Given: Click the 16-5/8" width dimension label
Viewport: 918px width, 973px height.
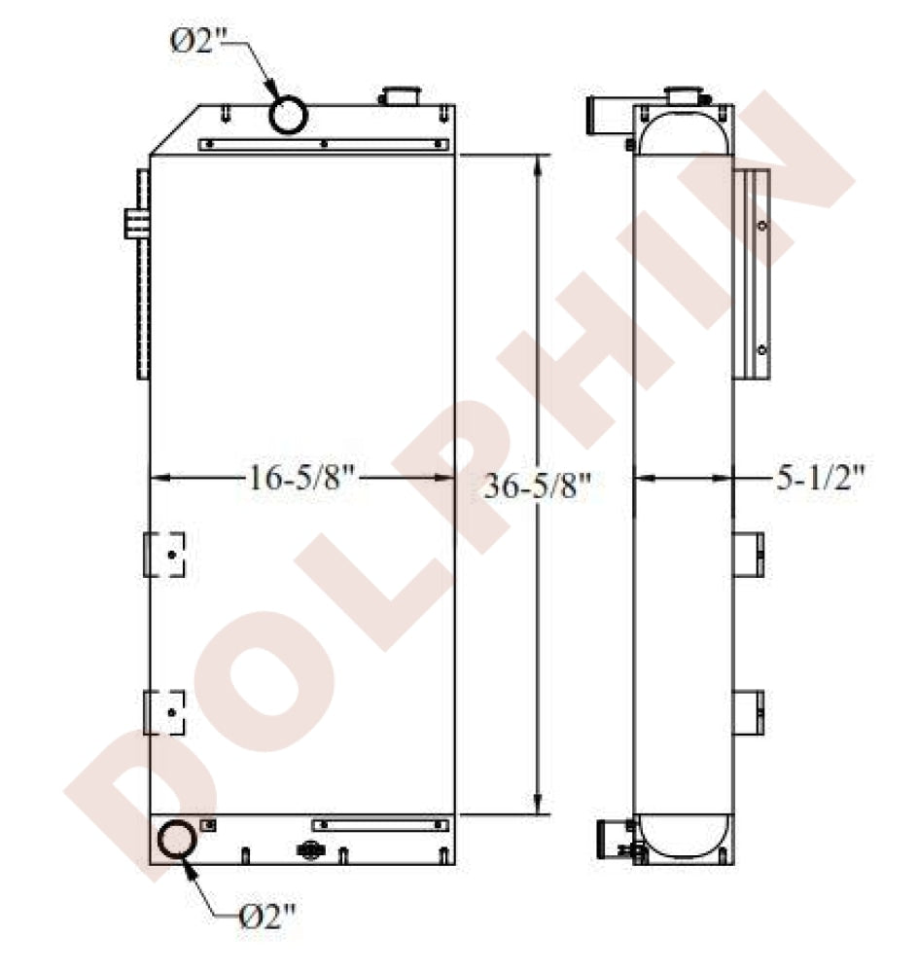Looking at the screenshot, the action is point(301,478).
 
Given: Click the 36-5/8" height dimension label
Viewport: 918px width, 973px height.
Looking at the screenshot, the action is point(538,486).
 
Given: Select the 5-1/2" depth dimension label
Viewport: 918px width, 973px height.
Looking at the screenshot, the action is point(820,478).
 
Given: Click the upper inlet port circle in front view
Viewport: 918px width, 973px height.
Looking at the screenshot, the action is point(288,114).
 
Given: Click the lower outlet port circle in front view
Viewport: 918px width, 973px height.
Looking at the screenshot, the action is point(177,839).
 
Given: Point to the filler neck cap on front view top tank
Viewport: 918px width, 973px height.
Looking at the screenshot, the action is point(401,95).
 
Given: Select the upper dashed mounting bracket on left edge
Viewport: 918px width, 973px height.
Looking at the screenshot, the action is point(164,555).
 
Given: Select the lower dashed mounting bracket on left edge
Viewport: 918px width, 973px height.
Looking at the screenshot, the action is point(164,712).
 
